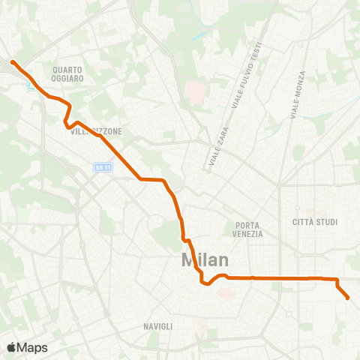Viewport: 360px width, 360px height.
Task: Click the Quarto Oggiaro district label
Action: [67, 73]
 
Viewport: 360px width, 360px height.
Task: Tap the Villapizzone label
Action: [97, 131]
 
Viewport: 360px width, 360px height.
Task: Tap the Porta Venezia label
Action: [248, 229]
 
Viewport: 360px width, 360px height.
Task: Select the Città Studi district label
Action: [315, 222]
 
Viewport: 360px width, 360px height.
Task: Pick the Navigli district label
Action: [157, 326]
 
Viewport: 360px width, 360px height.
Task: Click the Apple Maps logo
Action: [27, 347]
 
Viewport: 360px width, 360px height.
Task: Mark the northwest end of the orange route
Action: [13, 61]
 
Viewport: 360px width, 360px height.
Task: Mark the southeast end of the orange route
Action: [348, 298]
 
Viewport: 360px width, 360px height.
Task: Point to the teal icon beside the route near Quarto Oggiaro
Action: [31, 87]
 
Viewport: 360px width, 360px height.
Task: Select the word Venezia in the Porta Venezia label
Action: [248, 234]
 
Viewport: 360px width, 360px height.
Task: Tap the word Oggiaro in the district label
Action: [67, 78]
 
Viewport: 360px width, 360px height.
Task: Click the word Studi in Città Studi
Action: [326, 222]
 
